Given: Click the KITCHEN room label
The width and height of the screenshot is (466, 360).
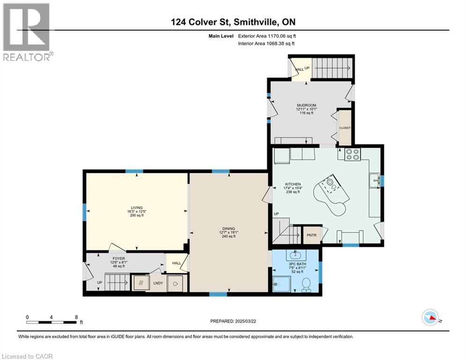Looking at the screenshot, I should pos(293,184).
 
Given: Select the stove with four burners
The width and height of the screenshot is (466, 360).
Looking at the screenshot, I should pos(352,154).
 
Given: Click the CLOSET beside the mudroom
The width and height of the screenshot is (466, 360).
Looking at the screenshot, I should pos(345,127).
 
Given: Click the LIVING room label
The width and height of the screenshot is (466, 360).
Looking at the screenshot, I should pos(136,208).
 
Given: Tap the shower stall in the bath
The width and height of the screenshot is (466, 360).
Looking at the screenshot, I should pos(281,284).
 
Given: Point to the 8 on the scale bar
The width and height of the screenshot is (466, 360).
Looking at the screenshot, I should pos(76,317).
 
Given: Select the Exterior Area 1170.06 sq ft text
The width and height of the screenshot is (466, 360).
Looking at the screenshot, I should pos(266,36).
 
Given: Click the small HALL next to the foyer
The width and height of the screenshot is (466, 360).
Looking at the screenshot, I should pos(176,263).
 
